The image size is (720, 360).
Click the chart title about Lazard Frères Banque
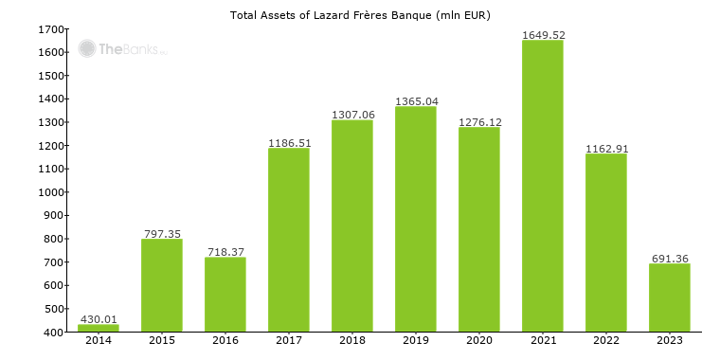(x=360, y=15)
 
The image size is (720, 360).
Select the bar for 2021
(x=543, y=186)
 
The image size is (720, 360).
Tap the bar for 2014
(x=99, y=328)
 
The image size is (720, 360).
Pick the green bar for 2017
(x=289, y=240)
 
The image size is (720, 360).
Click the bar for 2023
(x=670, y=297)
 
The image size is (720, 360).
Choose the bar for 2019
(x=416, y=219)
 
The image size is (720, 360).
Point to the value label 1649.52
(x=543, y=35)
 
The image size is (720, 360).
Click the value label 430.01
(x=99, y=319)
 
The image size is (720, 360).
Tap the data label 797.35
(x=162, y=233)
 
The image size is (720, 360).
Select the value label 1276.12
(x=479, y=122)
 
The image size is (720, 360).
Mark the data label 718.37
(x=225, y=252)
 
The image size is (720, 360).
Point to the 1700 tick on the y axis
(x=50, y=29)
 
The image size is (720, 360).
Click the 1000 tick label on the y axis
(x=50, y=192)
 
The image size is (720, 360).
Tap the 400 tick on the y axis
(x=53, y=333)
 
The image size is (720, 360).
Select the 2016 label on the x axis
(x=225, y=340)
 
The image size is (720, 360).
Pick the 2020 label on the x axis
(x=479, y=340)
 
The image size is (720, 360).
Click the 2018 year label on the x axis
(x=352, y=340)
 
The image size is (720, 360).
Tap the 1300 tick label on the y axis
(x=50, y=122)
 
